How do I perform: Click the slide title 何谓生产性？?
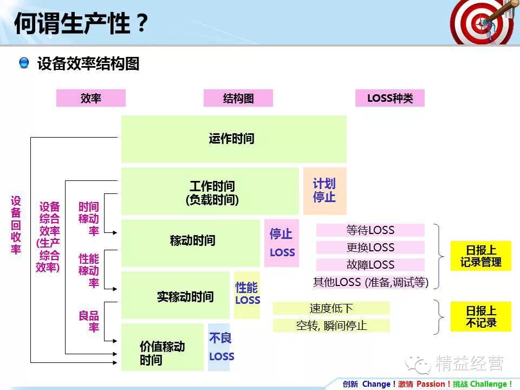click(x=81, y=24)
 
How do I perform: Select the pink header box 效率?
click(x=91, y=98)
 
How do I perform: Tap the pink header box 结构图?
click(x=238, y=98)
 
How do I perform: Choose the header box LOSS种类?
click(x=390, y=98)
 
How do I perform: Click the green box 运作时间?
click(x=233, y=139)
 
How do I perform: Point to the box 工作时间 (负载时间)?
click(x=210, y=191)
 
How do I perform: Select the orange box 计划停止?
click(x=324, y=191)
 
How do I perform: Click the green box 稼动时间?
click(x=191, y=243)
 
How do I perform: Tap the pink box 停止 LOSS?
click(x=282, y=243)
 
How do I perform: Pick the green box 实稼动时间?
click(x=175, y=295)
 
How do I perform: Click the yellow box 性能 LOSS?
click(x=247, y=295)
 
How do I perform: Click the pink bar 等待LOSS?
click(x=370, y=230)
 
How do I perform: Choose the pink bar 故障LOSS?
click(x=370, y=265)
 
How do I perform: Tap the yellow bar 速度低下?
click(x=331, y=308)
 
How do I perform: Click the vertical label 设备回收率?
click(x=16, y=225)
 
